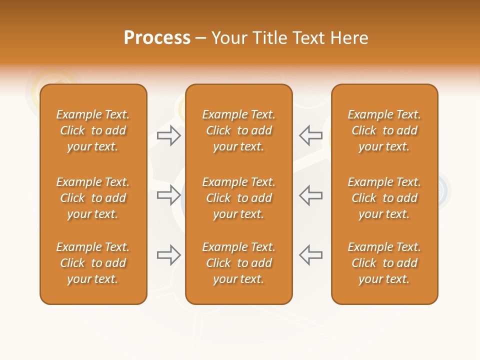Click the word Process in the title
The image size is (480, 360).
pyautogui.click(x=157, y=38)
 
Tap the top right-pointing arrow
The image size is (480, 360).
pyautogui.click(x=168, y=135)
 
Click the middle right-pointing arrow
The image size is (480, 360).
pyautogui.click(x=168, y=195)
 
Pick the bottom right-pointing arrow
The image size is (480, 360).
pyautogui.click(x=168, y=255)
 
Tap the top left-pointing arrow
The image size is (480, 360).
pyautogui.click(x=311, y=135)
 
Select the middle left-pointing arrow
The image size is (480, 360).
pyautogui.click(x=311, y=195)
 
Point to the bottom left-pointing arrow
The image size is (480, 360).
pyautogui.click(x=311, y=255)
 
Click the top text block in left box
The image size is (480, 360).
pyautogui.click(x=93, y=130)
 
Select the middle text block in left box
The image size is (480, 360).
pyautogui.click(x=93, y=198)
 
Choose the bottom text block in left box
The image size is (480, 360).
pyautogui.click(x=93, y=263)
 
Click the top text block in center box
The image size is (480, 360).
pyautogui.click(x=239, y=130)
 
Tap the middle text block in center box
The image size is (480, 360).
pyautogui.click(x=239, y=198)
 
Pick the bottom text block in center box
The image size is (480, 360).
pyautogui.click(x=239, y=263)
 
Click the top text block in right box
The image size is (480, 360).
pyautogui.click(x=384, y=130)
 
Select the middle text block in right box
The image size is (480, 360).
pyautogui.click(x=384, y=198)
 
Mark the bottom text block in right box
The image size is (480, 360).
pyautogui.click(x=384, y=263)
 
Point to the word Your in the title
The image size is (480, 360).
pyautogui.click(x=228, y=38)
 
